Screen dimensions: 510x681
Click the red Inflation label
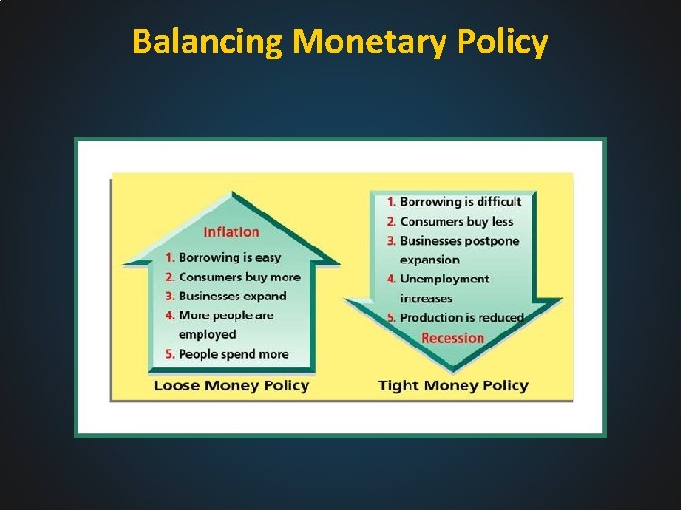pyautogui.click(x=232, y=232)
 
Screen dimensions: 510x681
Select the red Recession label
pyautogui.click(x=452, y=338)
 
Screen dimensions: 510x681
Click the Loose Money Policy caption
pyautogui.click(x=231, y=385)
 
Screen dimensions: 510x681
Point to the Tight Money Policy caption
pyautogui.click(x=453, y=385)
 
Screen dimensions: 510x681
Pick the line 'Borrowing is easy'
pyautogui.click(x=230, y=257)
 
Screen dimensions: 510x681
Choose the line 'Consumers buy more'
pyautogui.click(x=239, y=277)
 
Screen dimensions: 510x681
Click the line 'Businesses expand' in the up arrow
pyautogui.click(x=232, y=296)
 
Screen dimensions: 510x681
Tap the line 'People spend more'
pyautogui.click(x=234, y=354)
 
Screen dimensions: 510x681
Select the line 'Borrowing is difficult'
pyautogui.click(x=461, y=201)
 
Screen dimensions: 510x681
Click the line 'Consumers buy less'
pyautogui.click(x=456, y=221)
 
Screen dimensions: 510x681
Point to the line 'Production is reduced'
pyautogui.click(x=462, y=317)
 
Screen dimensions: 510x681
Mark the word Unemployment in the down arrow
pyautogui.click(x=445, y=279)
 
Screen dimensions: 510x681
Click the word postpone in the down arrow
pyautogui.click(x=492, y=240)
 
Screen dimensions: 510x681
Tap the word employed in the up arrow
pyautogui.click(x=207, y=334)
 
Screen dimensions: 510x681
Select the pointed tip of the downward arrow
pyautogui.click(x=453, y=369)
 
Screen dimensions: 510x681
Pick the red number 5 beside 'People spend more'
pyautogui.click(x=169, y=354)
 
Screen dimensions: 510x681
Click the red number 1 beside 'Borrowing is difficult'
pyautogui.click(x=391, y=201)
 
